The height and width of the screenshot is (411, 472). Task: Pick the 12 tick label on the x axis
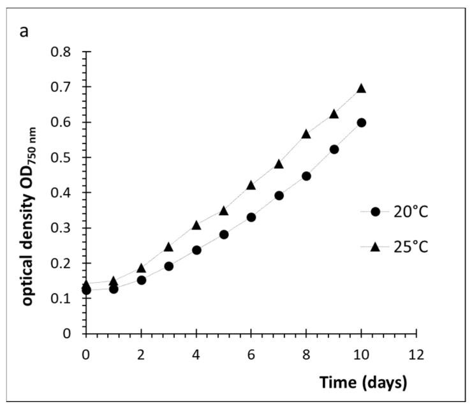click(x=416, y=352)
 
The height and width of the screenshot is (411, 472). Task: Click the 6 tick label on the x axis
click(x=251, y=352)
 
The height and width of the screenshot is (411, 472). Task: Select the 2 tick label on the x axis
click(x=142, y=352)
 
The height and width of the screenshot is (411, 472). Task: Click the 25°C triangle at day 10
click(x=361, y=88)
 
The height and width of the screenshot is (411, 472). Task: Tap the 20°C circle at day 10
click(x=361, y=123)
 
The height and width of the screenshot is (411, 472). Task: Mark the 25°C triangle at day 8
click(x=306, y=133)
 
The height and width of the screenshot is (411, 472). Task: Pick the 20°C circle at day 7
click(x=279, y=195)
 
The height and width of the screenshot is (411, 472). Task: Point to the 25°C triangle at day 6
click(x=251, y=185)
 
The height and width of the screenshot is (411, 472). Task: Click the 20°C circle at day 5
click(x=224, y=234)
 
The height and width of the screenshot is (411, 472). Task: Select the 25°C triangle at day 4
click(x=196, y=225)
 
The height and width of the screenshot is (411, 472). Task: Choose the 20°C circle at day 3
click(x=169, y=266)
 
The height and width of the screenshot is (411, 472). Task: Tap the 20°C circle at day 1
click(x=114, y=288)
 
